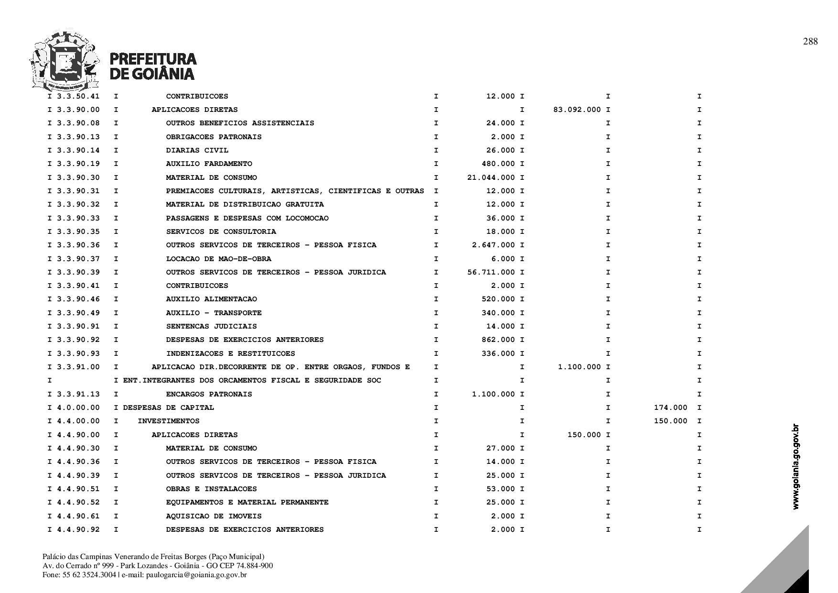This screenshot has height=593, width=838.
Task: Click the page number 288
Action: coord(810,42)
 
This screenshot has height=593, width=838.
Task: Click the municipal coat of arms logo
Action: coord(64,61)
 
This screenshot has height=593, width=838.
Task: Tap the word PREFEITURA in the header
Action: coord(153,59)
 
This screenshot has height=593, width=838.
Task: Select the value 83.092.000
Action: coord(577,110)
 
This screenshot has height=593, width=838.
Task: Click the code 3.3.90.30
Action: coord(78,177)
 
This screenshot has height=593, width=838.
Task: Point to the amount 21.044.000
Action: coord(491,177)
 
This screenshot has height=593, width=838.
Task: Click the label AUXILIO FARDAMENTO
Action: coord(209,164)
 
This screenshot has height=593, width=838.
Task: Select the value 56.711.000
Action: coord(491,272)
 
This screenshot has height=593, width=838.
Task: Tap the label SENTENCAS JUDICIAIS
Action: coord(211,326)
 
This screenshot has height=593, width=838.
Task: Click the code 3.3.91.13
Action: coord(78,394)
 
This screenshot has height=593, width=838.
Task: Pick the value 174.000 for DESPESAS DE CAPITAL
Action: coord(670,407)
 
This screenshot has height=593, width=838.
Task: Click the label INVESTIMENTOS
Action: coord(168,421)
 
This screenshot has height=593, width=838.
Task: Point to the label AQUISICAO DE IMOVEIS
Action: coord(214,516)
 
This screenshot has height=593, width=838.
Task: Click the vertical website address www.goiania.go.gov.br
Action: coord(795,466)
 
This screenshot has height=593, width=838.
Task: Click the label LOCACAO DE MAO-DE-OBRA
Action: coord(218,259)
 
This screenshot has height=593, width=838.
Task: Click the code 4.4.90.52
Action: coord(78,502)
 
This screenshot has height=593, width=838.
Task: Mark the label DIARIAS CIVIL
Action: coord(197,150)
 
